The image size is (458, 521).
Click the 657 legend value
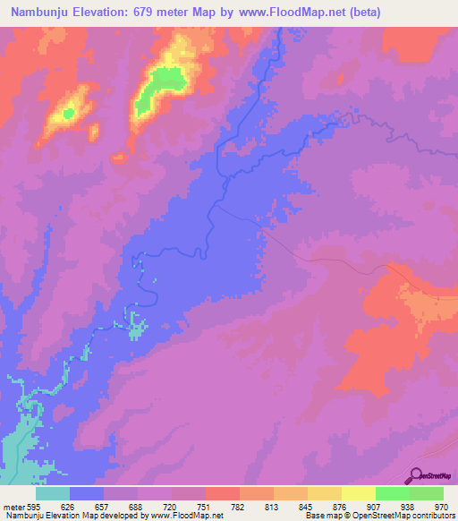[104, 506]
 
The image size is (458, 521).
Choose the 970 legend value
[442, 506]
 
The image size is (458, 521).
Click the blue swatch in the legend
[87, 493]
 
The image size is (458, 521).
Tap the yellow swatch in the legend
[358, 493]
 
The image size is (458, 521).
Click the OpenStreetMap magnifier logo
[415, 476]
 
